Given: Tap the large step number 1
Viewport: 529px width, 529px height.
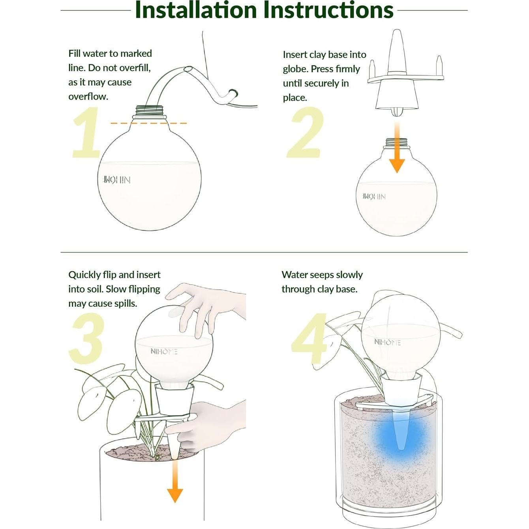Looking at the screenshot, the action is [x=87, y=133].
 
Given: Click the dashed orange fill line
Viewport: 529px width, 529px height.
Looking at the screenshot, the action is [x=148, y=123].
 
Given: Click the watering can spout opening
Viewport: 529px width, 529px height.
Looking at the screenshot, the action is [x=188, y=69].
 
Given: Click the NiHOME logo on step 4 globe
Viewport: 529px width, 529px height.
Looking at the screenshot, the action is [x=387, y=342].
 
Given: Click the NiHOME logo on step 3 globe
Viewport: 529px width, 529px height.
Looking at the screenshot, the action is [x=164, y=351].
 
